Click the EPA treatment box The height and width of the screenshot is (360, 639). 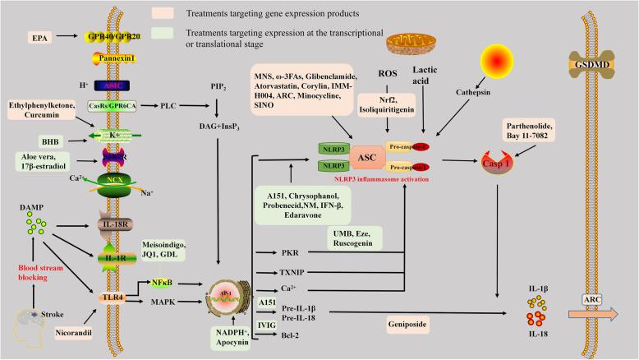38,38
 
